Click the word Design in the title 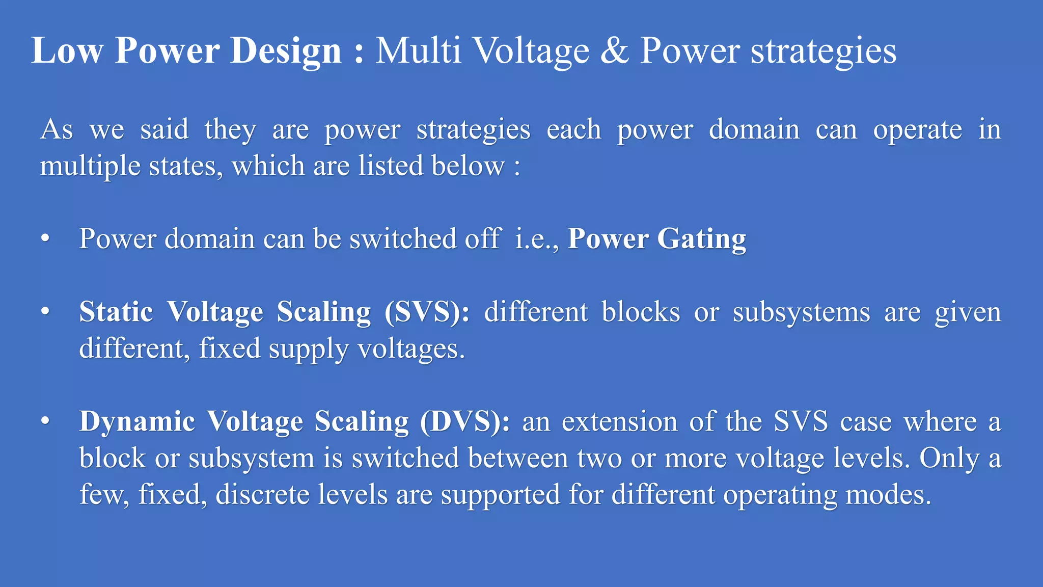(x=286, y=51)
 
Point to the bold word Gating (x=701, y=239)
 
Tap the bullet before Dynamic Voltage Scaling (x=46, y=421)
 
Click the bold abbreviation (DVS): (x=465, y=422)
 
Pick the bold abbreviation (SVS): (x=427, y=312)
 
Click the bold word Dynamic (x=137, y=422)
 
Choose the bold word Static (x=116, y=311)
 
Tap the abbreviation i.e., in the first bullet (x=537, y=238)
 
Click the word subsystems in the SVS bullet (x=801, y=312)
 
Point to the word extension (x=619, y=422)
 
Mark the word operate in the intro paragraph (x=917, y=130)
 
